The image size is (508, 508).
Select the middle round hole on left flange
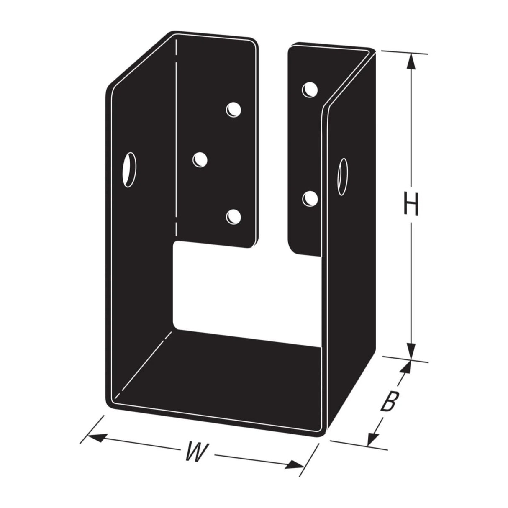click(x=200, y=160)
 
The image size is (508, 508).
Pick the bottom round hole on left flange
click(x=233, y=216)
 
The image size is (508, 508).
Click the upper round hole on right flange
click(x=310, y=90)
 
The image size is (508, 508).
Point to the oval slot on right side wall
click(x=343, y=177)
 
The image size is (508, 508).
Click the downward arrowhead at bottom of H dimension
click(x=411, y=350)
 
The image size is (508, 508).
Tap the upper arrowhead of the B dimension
click(x=403, y=368)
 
